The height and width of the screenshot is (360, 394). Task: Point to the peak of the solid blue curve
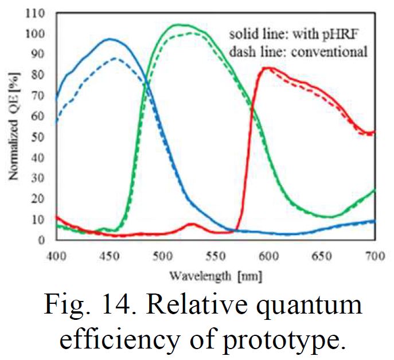point(109,39)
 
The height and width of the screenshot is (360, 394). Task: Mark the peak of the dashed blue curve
point(116,58)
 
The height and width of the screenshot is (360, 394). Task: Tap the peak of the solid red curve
point(266,68)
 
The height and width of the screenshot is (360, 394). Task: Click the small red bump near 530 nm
point(192,224)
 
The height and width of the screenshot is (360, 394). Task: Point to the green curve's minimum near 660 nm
point(329,217)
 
